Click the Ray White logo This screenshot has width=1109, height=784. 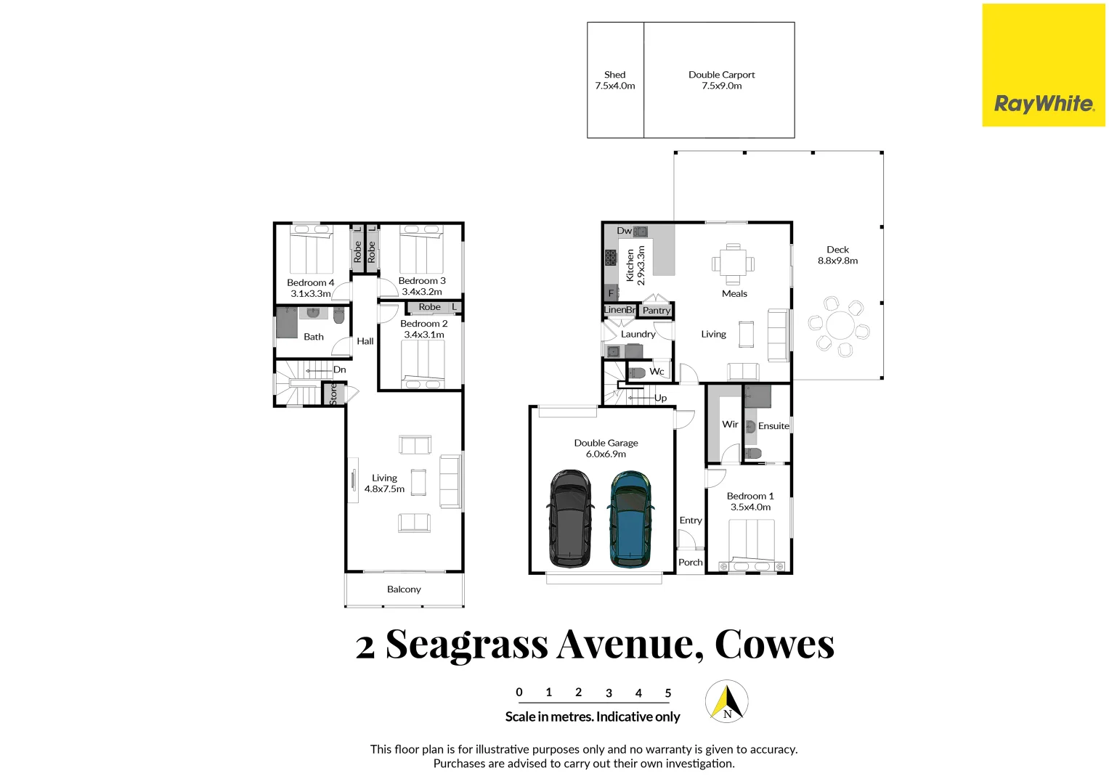(x=1043, y=103)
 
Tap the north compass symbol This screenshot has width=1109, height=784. (x=727, y=701)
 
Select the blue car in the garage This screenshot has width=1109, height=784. (x=630, y=518)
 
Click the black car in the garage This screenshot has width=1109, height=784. (x=570, y=518)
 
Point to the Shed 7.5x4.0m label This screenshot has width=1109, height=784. (x=614, y=80)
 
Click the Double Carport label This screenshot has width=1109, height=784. (x=721, y=75)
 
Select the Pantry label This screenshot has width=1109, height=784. (x=656, y=311)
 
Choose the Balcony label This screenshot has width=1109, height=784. (x=404, y=589)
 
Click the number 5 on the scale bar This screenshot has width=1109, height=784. (x=668, y=693)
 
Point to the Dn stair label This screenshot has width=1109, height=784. (x=339, y=370)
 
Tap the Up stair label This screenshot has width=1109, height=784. (x=660, y=398)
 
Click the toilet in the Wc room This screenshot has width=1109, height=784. (x=637, y=372)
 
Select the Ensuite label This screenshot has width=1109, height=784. (x=773, y=426)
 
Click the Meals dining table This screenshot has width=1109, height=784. (x=733, y=264)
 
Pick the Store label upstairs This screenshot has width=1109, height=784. (x=333, y=394)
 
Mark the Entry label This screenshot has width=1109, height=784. (x=691, y=520)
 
